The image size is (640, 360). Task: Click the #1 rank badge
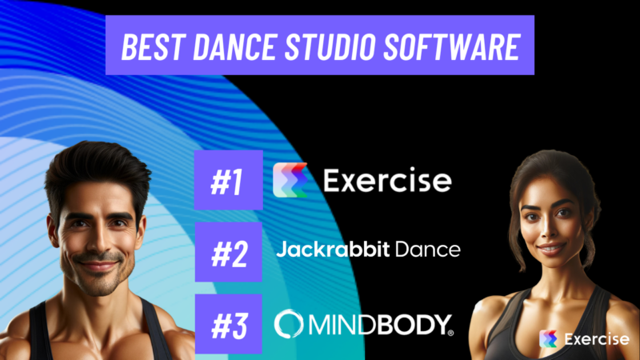click(229, 180)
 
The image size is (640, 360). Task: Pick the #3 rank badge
click(229, 322)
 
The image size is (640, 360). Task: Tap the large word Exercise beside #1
click(387, 181)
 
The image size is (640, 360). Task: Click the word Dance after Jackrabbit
click(429, 250)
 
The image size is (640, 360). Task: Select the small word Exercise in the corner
click(595, 339)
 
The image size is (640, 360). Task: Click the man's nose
click(96, 234)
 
